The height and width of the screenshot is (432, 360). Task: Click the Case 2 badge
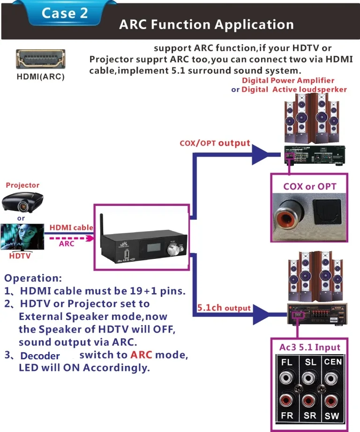point(65,13)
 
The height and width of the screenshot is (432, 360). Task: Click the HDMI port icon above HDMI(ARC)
point(41,60)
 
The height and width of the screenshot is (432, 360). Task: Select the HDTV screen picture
point(21,237)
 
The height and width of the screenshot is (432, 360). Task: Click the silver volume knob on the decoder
point(172,250)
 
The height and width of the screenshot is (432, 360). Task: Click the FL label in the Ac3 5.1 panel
point(287,363)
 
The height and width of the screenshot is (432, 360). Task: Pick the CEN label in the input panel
point(332,362)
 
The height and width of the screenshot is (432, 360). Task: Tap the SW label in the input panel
point(332,416)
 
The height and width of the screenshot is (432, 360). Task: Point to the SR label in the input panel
point(309,416)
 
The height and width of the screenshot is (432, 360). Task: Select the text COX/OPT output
point(215,143)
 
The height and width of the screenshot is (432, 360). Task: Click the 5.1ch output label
point(224,308)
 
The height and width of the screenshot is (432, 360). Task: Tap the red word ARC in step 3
point(141,355)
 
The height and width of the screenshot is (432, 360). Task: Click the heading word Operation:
point(33,278)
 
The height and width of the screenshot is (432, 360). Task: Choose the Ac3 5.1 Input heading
point(309,348)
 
